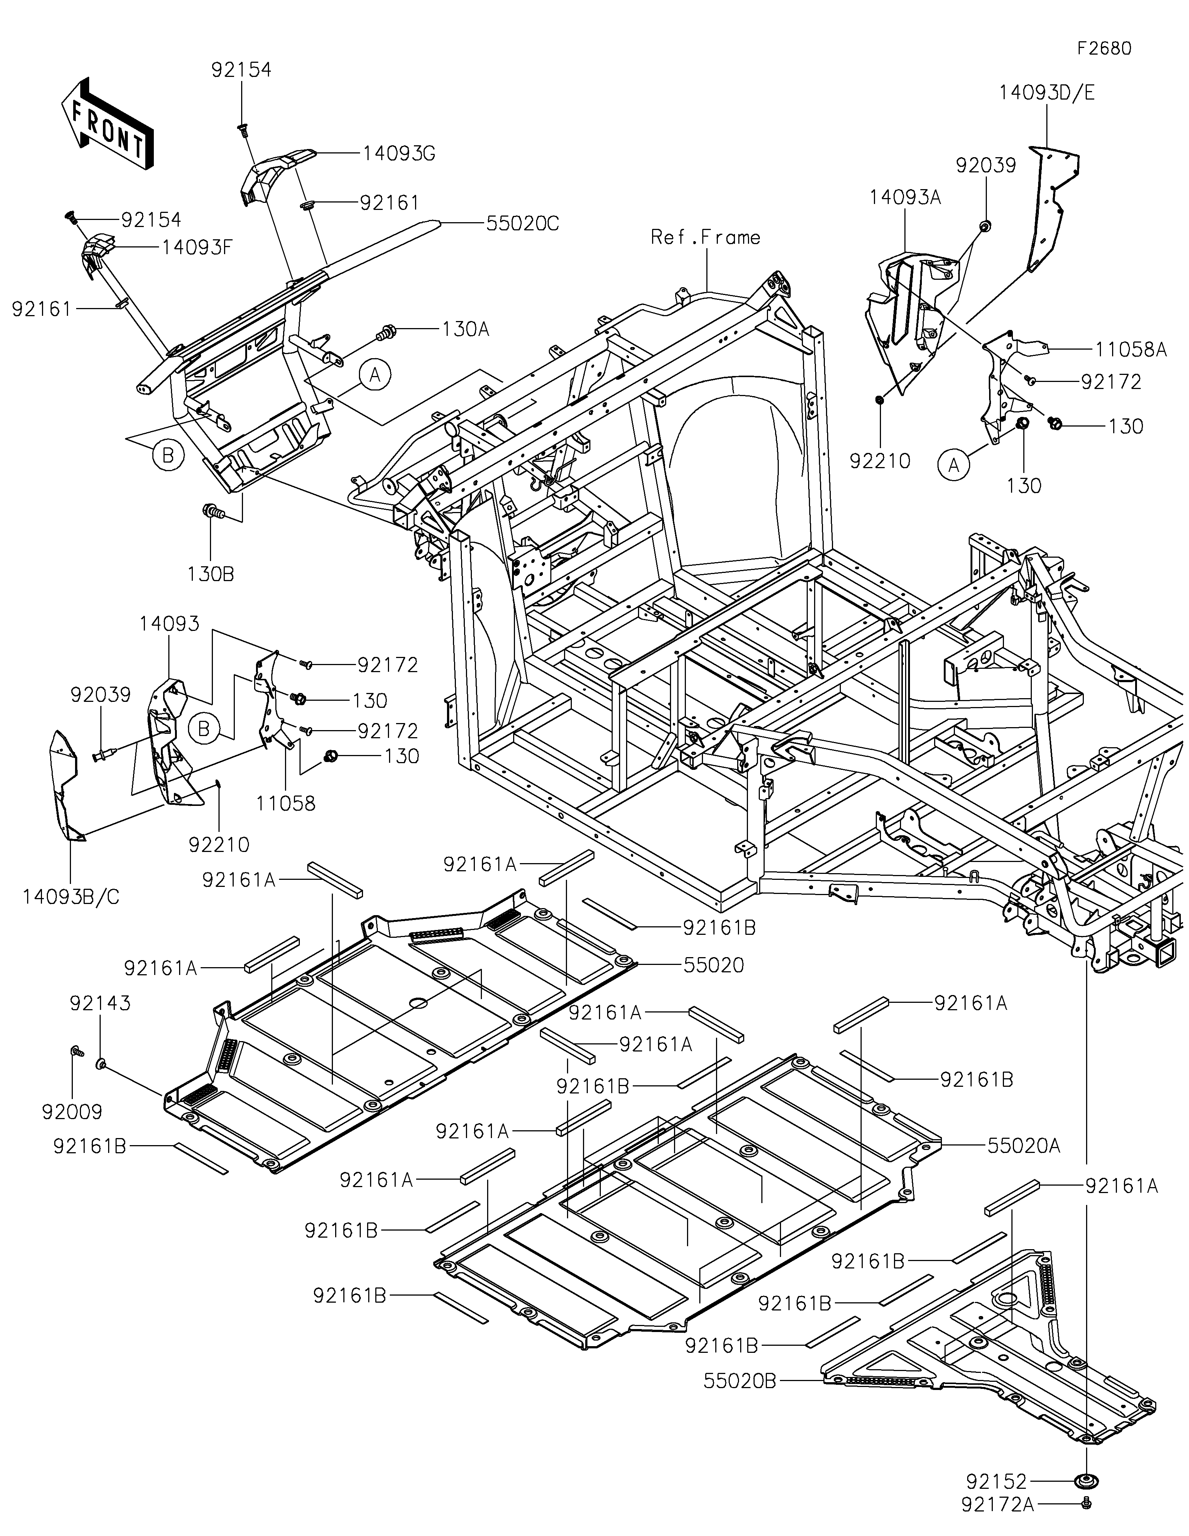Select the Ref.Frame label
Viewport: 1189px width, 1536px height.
(x=705, y=238)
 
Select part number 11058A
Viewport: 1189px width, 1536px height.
(x=1130, y=350)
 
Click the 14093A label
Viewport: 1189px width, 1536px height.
(x=905, y=198)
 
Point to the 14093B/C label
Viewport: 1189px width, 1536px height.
(x=71, y=897)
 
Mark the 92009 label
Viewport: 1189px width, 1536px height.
(x=72, y=1112)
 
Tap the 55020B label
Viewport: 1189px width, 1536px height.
(x=740, y=1381)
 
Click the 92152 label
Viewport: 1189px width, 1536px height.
(x=996, y=1482)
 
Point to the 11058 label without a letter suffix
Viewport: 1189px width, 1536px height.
(x=285, y=803)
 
